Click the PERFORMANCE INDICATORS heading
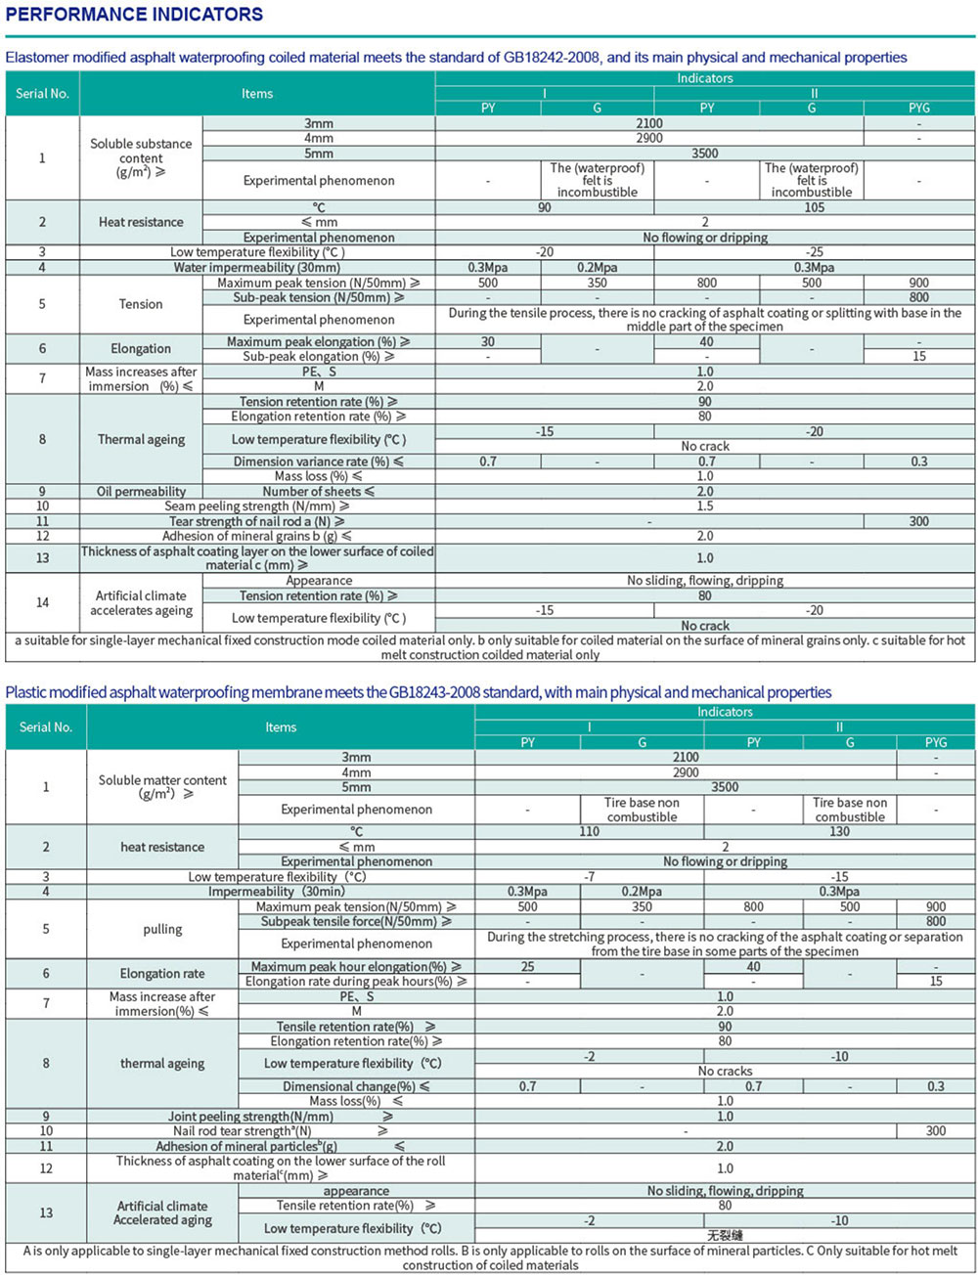(x=134, y=15)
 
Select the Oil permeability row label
(x=141, y=492)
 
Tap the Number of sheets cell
(x=319, y=492)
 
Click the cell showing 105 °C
(x=814, y=207)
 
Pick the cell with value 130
(x=839, y=831)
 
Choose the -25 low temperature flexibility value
(x=814, y=252)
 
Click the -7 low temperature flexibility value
(x=589, y=877)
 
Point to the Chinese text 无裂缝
(x=725, y=1236)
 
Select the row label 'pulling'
(x=162, y=929)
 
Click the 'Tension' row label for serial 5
(x=141, y=304)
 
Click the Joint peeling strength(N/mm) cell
(x=250, y=1117)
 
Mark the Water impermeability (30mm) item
(x=257, y=267)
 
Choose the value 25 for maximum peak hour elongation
(x=528, y=966)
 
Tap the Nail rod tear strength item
(x=243, y=1131)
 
